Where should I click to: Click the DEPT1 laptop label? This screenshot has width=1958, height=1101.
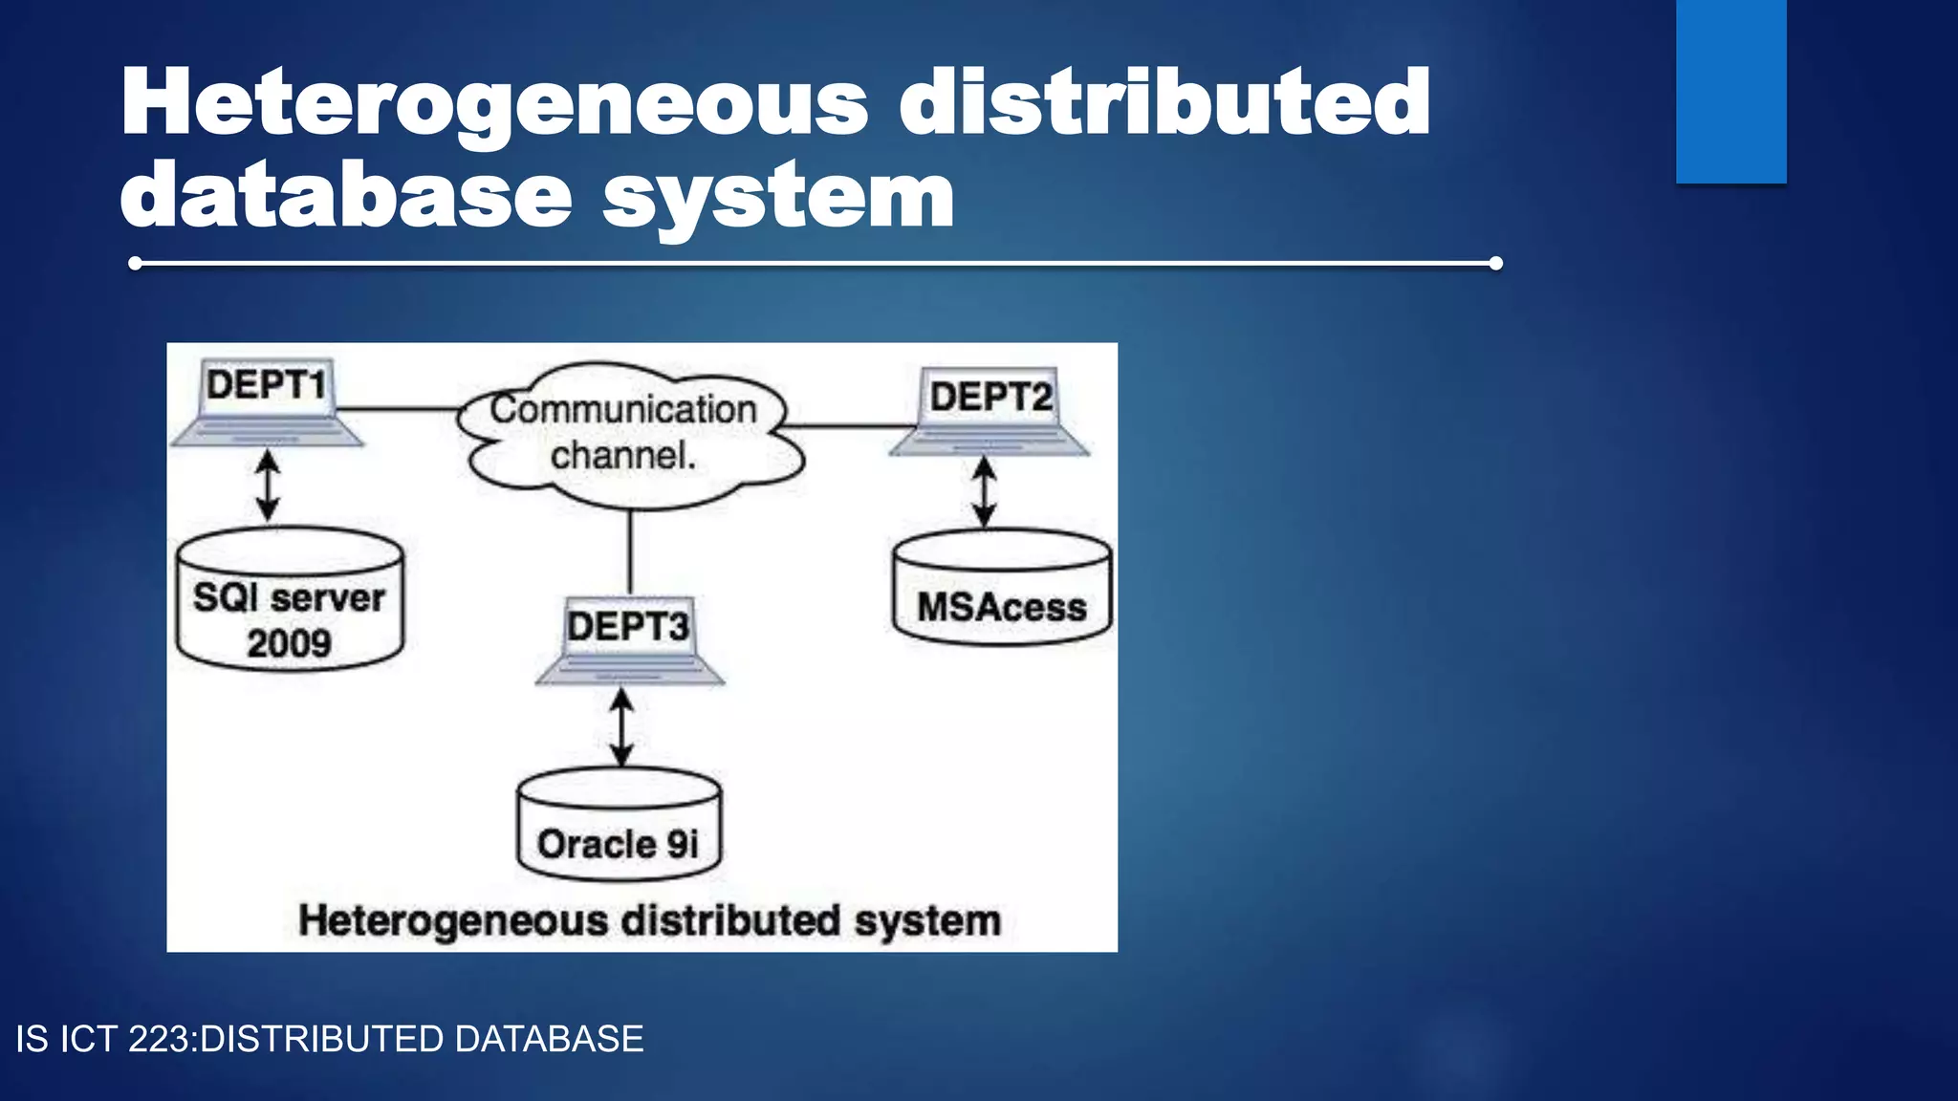(x=266, y=385)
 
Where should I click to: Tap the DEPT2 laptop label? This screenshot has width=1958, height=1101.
(x=990, y=396)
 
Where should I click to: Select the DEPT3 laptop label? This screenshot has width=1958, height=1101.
(x=627, y=627)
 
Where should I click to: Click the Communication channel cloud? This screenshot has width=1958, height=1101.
(x=626, y=433)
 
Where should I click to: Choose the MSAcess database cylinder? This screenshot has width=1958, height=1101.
(x=1001, y=593)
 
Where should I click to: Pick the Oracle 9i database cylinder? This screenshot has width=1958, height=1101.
(x=619, y=828)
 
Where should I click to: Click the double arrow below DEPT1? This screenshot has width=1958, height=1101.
(x=268, y=486)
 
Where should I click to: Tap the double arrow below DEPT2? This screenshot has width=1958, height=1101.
(x=984, y=492)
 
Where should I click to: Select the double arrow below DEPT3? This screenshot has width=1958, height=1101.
(x=621, y=728)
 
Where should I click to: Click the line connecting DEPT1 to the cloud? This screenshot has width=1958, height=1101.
(x=397, y=409)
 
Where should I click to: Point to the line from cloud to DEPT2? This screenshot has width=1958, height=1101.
(x=846, y=425)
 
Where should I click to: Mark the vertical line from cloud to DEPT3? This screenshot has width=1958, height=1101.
(x=629, y=551)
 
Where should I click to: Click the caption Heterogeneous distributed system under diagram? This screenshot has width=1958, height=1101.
(x=649, y=920)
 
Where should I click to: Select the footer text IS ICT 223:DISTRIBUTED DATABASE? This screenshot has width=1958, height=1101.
(x=330, y=1039)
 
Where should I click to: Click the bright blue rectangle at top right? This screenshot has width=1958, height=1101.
(x=1730, y=91)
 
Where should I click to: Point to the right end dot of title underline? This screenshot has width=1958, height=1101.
(x=1495, y=263)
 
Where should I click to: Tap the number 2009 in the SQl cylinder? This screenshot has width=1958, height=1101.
(x=289, y=643)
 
